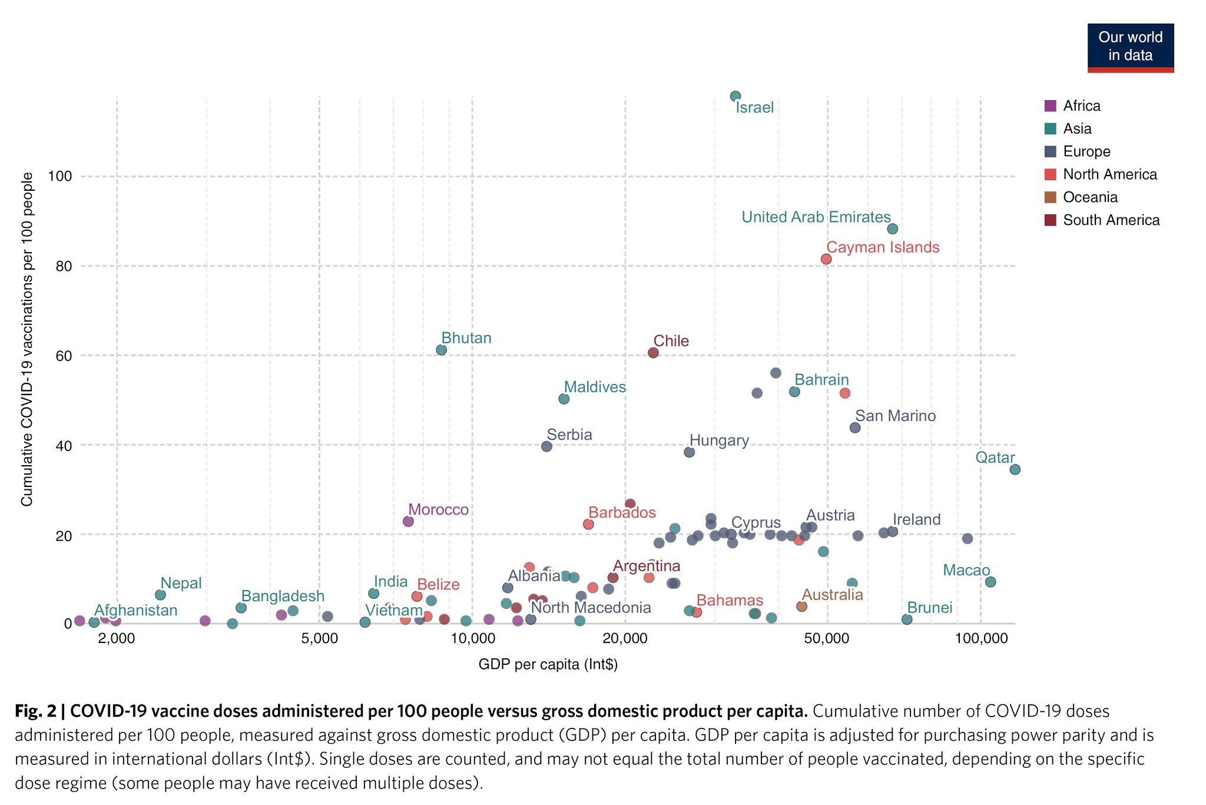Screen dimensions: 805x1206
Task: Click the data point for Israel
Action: [735, 96]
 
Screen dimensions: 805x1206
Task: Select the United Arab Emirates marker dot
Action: [892, 228]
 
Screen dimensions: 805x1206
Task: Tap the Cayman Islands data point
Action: [826, 259]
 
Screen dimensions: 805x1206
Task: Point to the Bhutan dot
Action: [441, 350]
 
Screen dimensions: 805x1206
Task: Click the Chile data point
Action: [653, 353]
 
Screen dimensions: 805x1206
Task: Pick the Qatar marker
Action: [1015, 469]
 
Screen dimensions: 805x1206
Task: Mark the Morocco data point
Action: [408, 521]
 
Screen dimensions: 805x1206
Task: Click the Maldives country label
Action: [595, 387]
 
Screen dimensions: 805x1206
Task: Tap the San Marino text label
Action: [895, 416]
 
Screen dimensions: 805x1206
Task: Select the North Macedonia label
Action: [591, 607]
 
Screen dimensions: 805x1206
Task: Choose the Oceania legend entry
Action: [1090, 197]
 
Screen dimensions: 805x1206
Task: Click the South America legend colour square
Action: [1050, 220]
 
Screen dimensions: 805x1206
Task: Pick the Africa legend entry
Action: [1081, 106]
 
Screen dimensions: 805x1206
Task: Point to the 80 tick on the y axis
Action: [64, 266]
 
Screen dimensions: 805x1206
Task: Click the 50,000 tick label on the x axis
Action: [827, 639]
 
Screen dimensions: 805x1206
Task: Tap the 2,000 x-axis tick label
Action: [117, 639]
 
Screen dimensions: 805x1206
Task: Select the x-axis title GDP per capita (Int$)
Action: [548, 664]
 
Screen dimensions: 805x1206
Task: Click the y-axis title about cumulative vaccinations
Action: [27, 339]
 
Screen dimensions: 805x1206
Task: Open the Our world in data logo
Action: [1130, 47]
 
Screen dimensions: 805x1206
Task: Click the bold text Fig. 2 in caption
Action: [35, 711]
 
